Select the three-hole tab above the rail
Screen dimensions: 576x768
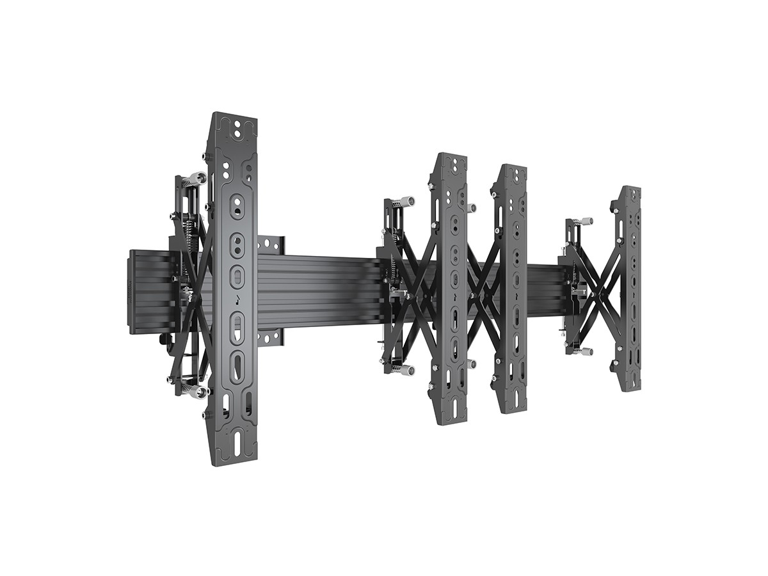[x=271, y=244]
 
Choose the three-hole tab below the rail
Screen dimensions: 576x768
[x=269, y=337]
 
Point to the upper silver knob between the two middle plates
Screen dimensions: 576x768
[x=472, y=208]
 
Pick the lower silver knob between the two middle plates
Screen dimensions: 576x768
[x=472, y=364]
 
